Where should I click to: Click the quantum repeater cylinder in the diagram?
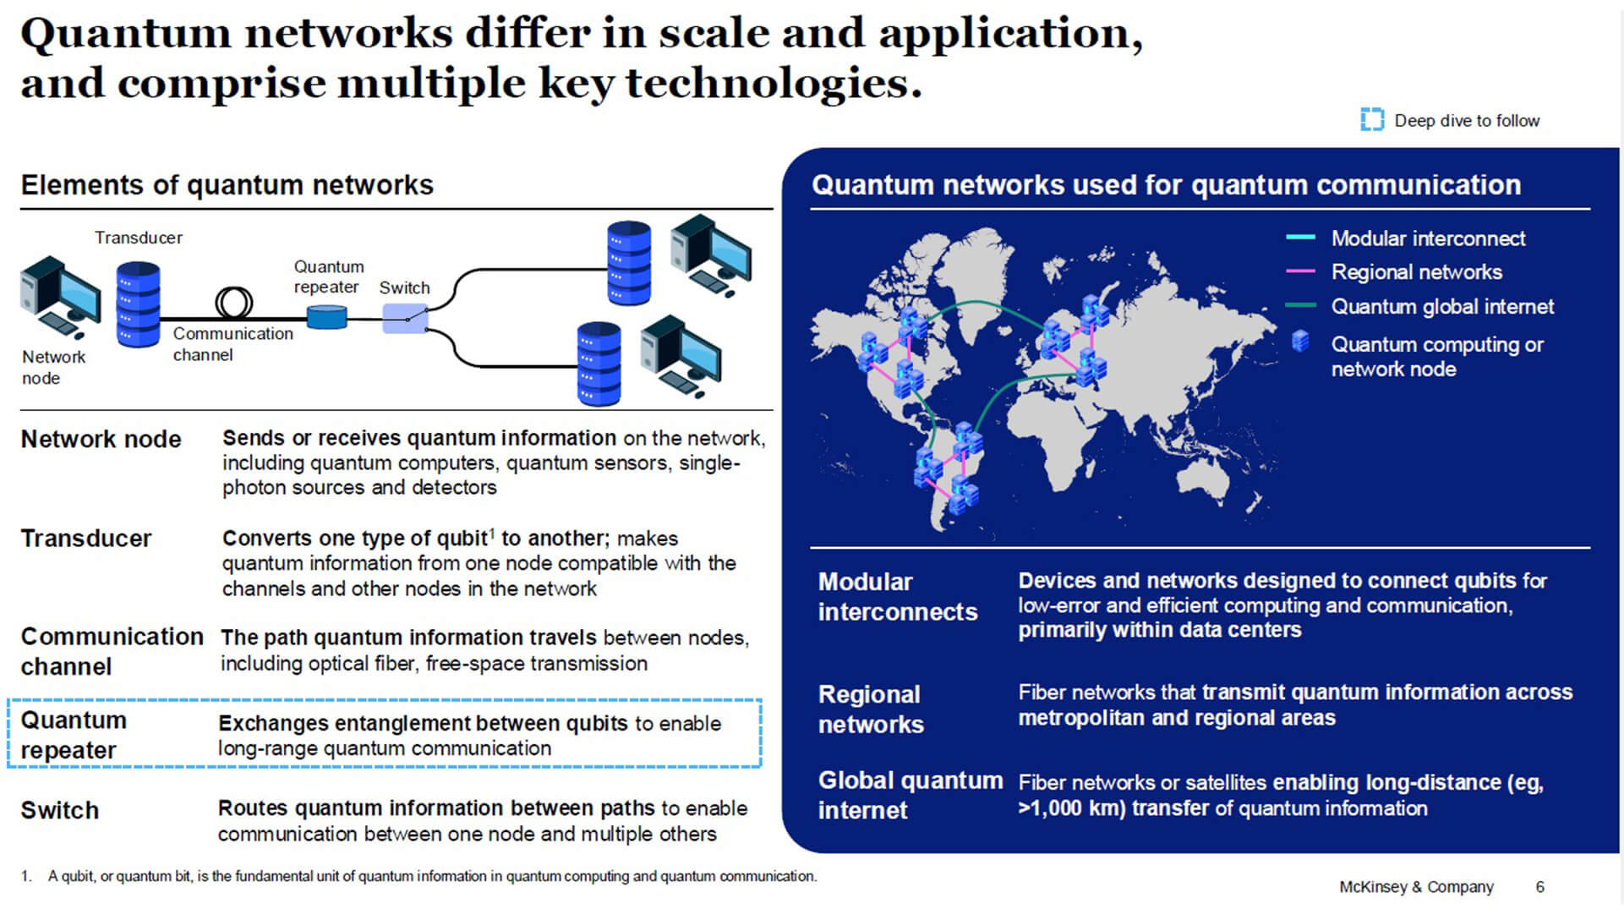[x=326, y=317]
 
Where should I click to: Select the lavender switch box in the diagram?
[x=405, y=319]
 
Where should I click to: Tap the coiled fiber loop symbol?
[x=234, y=302]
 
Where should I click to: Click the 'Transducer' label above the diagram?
[x=139, y=238]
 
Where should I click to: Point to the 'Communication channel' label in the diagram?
[x=232, y=344]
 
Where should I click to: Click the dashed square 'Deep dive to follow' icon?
[x=1371, y=120]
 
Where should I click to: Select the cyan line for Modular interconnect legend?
[x=1300, y=238]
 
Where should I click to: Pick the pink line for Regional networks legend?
[x=1300, y=271]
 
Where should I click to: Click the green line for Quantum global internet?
[x=1300, y=306]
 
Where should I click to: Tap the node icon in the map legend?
[x=1300, y=342]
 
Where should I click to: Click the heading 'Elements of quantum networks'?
[x=227, y=185]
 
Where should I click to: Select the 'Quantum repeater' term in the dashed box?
[x=74, y=735]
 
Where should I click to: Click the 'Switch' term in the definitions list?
[x=59, y=810]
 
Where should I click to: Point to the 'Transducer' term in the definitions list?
[x=85, y=539]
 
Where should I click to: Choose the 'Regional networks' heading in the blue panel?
[x=870, y=709]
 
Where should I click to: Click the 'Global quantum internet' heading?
[x=910, y=795]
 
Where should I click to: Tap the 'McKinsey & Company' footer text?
[x=1416, y=887]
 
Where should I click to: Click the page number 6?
[x=1539, y=887]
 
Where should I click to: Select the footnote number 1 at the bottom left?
[x=25, y=877]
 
